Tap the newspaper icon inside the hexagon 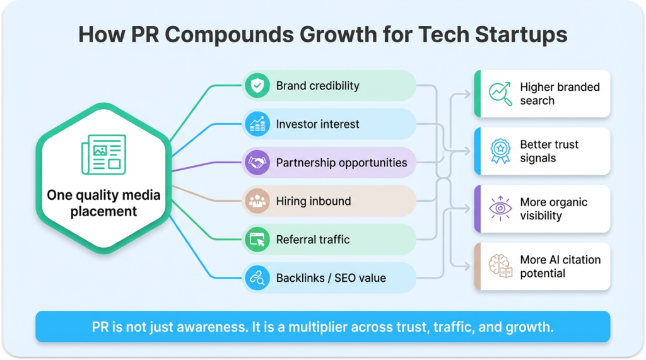click(x=104, y=154)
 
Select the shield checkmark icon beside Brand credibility click(x=257, y=86)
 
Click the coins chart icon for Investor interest click(x=257, y=124)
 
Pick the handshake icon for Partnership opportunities click(x=257, y=162)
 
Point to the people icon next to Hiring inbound click(x=257, y=201)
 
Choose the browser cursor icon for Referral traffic click(x=257, y=240)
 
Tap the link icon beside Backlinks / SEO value click(x=257, y=277)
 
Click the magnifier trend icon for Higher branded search click(x=500, y=93)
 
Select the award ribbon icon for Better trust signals click(x=500, y=151)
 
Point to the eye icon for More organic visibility click(x=500, y=209)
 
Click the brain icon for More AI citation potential click(x=500, y=266)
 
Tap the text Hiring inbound click(x=314, y=201)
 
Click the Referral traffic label click(x=313, y=240)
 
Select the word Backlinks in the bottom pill click(x=300, y=278)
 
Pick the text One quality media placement click(x=104, y=203)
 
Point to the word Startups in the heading click(x=521, y=35)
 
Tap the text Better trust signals click(x=549, y=151)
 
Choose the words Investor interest click(x=318, y=124)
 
